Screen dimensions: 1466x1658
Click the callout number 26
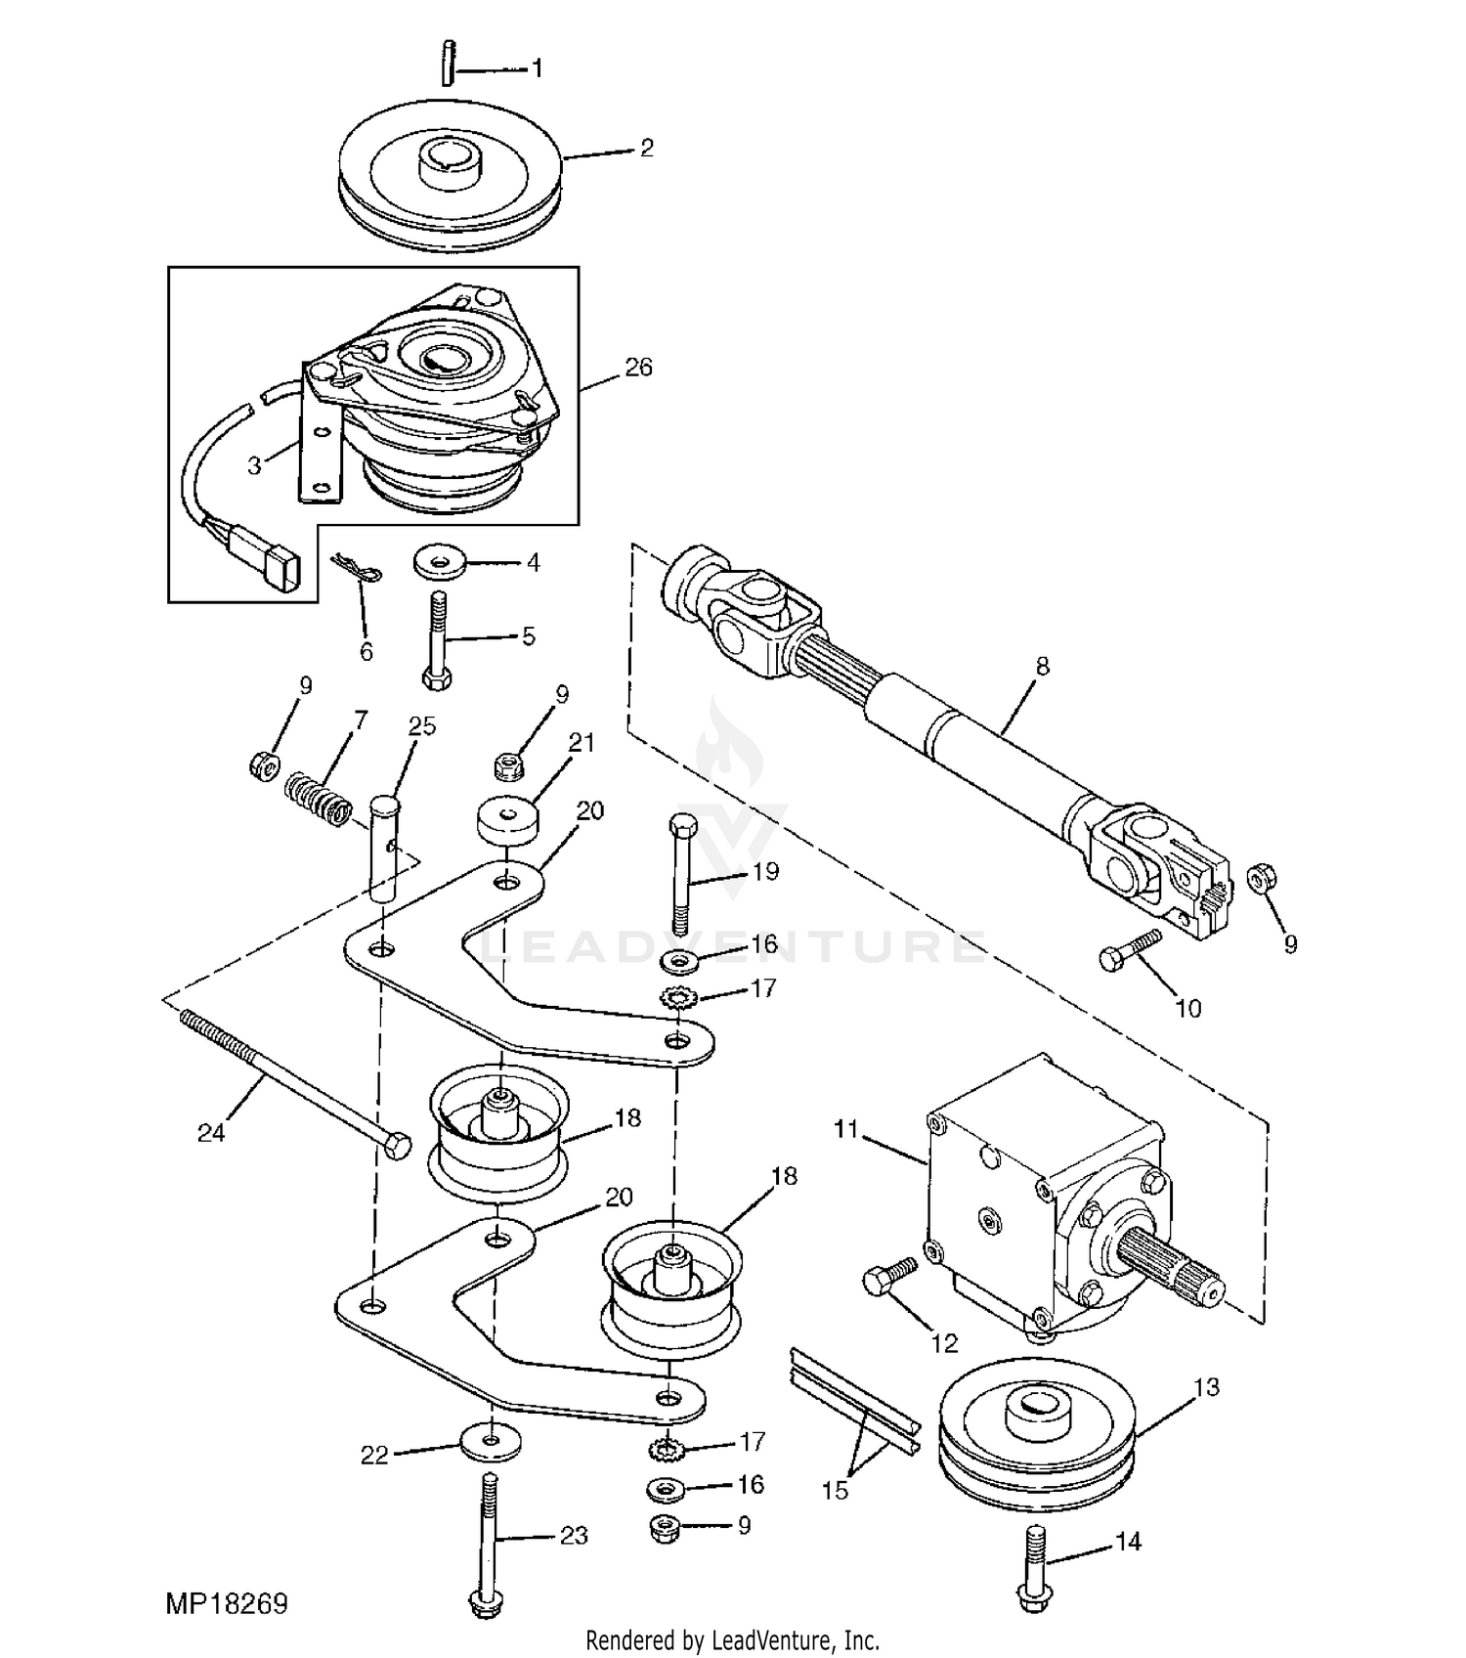point(638,368)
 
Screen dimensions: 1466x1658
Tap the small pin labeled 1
point(448,63)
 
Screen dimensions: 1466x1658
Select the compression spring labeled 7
point(318,799)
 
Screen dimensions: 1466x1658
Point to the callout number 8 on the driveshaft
point(1042,666)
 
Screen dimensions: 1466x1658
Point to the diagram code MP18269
point(227,1604)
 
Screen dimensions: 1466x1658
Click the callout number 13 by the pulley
point(1207,1387)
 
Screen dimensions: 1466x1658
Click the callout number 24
point(211,1132)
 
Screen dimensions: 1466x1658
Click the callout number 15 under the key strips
point(836,1491)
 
